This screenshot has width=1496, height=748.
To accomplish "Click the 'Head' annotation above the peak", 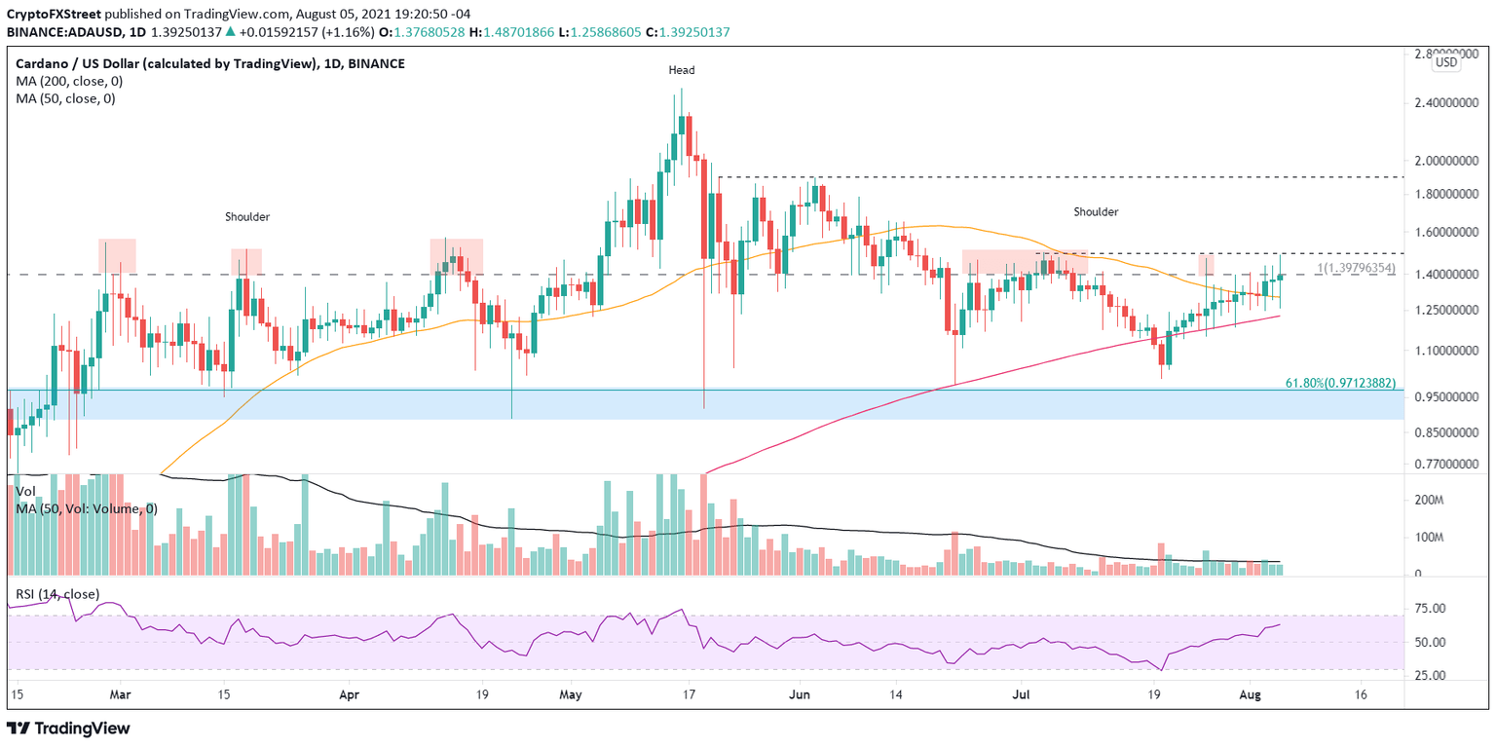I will [681, 70].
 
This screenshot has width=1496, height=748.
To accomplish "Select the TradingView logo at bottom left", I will [68, 728].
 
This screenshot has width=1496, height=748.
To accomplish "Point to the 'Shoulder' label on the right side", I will [1096, 211].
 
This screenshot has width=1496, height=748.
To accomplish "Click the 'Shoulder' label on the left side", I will [247, 216].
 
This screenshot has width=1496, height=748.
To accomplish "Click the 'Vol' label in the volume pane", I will [25, 493].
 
